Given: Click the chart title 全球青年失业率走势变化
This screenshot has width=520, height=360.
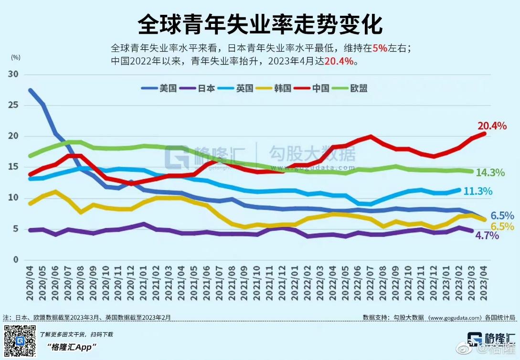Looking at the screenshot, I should click(260, 24).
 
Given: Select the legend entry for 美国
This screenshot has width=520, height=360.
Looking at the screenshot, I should click(161, 88).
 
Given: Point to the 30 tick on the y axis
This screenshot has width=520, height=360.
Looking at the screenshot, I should click(13, 74).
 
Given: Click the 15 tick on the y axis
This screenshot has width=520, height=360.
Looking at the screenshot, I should click(13, 167).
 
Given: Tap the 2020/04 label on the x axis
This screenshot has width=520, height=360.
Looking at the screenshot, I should click(30, 284).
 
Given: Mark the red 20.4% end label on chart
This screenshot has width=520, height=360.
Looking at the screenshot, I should click(492, 126).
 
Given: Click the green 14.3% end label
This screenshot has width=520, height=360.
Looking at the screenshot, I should click(490, 173).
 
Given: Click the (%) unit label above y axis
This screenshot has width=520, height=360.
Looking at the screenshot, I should click(15, 57).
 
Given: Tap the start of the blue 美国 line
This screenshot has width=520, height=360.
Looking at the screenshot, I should click(31, 90).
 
